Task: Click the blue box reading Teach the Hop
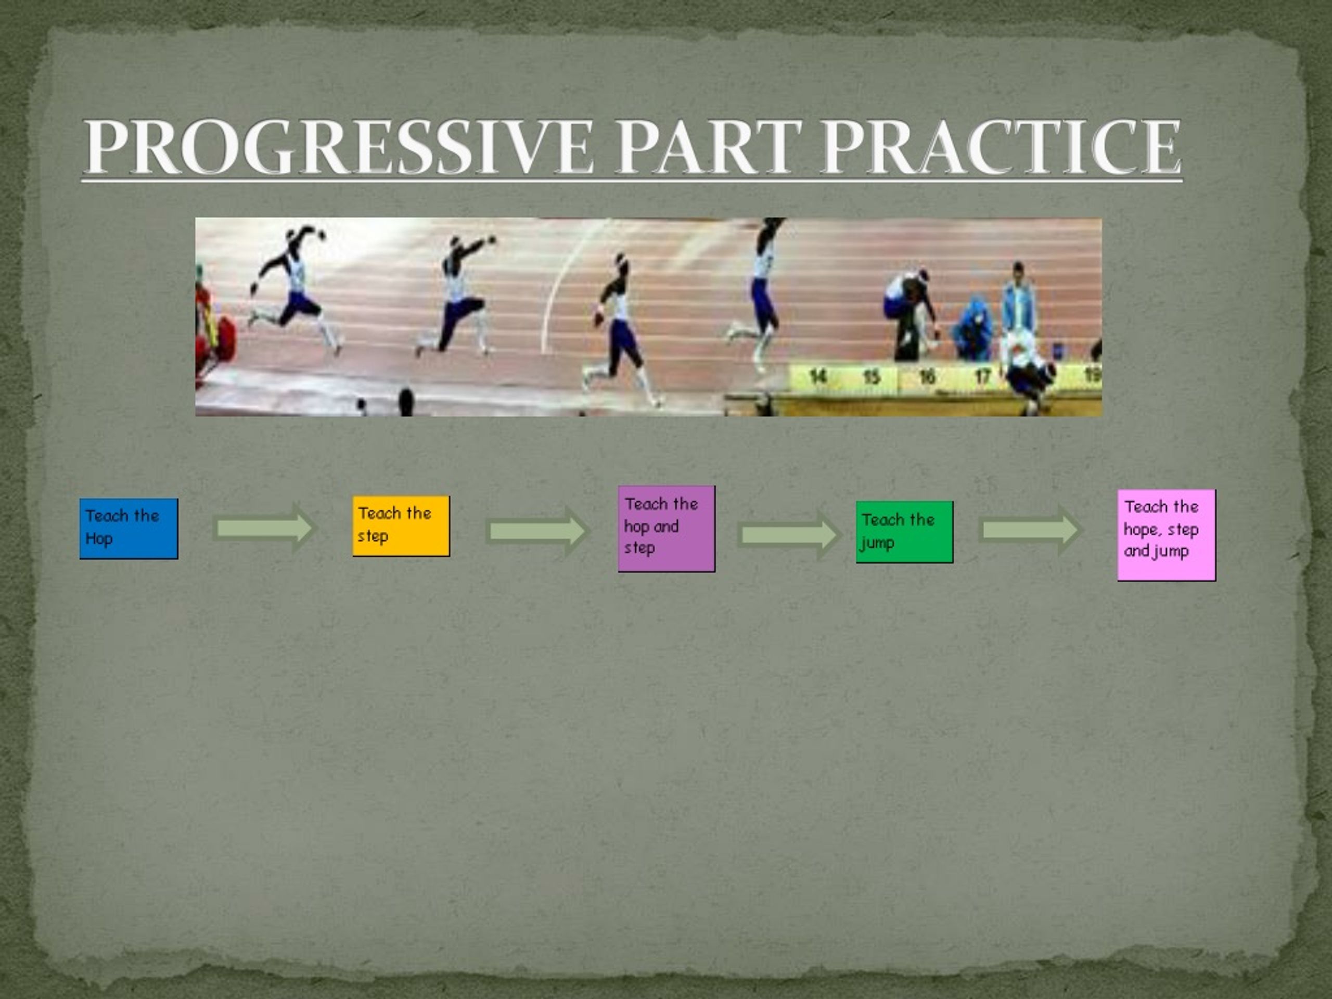click(x=129, y=528)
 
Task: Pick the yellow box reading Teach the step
click(x=401, y=526)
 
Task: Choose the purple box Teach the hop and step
click(x=667, y=528)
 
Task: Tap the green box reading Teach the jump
click(x=904, y=532)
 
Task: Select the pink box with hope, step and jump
click(x=1167, y=535)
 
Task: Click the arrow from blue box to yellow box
click(x=265, y=528)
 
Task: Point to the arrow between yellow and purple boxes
click(x=536, y=531)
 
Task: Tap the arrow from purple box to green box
click(x=788, y=533)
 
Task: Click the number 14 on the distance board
click(x=817, y=377)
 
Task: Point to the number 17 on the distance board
click(x=982, y=377)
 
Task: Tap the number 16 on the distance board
click(x=927, y=377)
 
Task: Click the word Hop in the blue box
click(x=99, y=539)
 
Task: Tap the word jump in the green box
click(x=877, y=543)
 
